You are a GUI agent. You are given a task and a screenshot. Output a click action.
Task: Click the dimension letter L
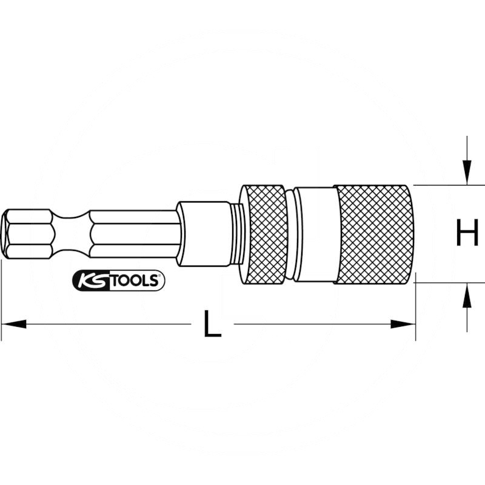213,324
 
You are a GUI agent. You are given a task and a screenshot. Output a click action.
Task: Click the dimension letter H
467,232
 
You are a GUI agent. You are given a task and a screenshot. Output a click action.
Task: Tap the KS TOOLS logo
118,281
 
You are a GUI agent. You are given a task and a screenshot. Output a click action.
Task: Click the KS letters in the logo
92,281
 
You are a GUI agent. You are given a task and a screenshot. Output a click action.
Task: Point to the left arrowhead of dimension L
13,324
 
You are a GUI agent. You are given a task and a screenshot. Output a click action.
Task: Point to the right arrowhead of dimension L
403,324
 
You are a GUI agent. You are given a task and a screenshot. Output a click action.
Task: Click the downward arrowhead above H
467,173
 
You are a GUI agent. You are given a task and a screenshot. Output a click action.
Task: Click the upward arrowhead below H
467,295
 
